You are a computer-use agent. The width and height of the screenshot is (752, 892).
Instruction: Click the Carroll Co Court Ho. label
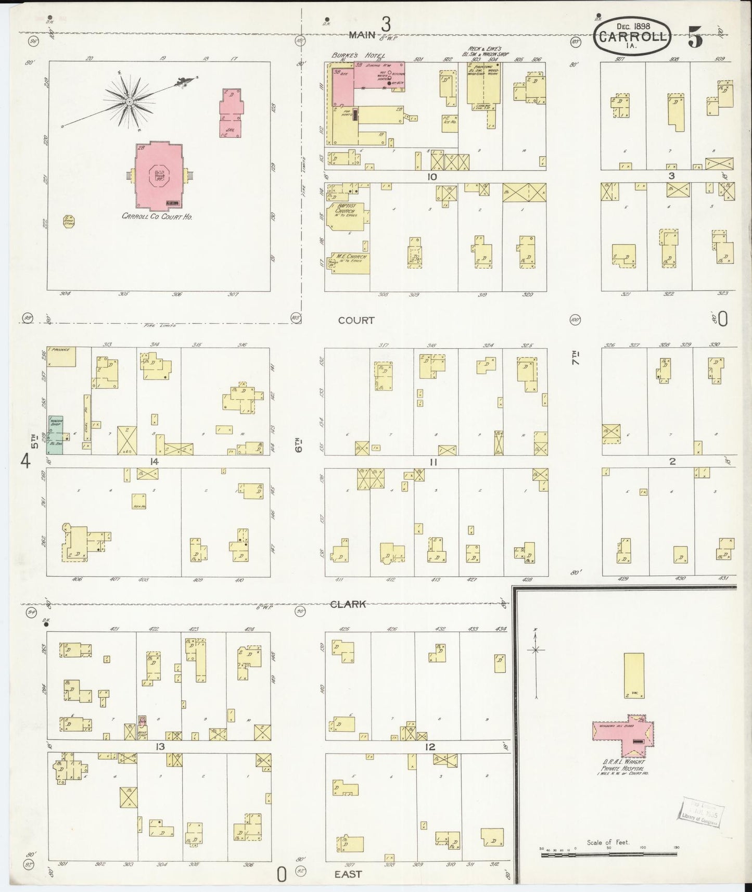157,216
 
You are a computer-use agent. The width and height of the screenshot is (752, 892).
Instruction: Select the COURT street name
356,320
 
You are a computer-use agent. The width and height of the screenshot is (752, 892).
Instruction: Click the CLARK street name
348,604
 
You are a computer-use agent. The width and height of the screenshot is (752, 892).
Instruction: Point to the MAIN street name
362,34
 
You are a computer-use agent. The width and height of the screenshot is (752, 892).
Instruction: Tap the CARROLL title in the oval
632,37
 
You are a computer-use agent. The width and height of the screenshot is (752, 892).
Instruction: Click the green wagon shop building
55,434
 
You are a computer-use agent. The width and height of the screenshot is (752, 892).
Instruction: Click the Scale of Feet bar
609,855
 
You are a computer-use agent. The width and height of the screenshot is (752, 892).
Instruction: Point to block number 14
154,461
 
